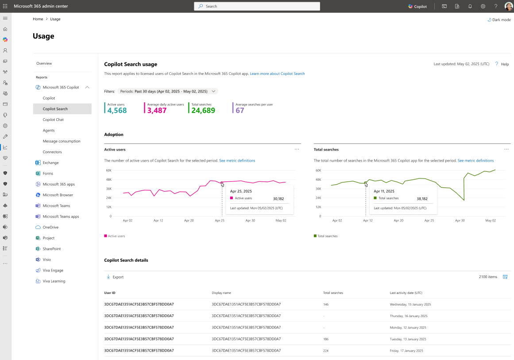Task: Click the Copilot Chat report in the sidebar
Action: point(53,120)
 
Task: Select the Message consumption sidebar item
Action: point(61,141)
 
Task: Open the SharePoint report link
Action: point(51,249)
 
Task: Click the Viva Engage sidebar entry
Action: point(53,271)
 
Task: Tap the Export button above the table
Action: point(115,277)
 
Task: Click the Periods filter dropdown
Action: point(167,92)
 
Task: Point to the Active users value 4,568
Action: point(117,111)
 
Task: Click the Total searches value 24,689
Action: point(203,111)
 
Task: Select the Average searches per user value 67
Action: point(240,111)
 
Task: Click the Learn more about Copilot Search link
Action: point(277,74)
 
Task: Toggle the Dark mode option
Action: point(499,19)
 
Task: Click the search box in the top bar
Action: point(257,6)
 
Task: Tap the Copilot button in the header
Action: point(417,6)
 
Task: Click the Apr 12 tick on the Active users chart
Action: point(158,221)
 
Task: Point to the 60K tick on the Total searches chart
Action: point(318,170)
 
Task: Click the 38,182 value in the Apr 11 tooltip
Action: point(422,199)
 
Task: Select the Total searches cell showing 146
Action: point(326,305)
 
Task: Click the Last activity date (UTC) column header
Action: point(406,293)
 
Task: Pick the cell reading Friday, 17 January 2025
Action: point(406,351)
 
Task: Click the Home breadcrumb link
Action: point(38,19)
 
